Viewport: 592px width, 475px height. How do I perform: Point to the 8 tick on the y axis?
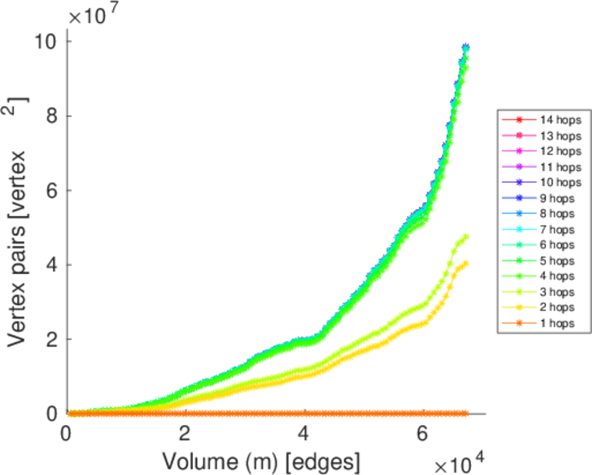pyautogui.click(x=49, y=116)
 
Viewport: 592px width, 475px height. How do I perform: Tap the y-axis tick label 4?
pyautogui.click(x=49, y=264)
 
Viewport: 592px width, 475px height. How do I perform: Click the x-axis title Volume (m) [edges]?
pyautogui.click(x=262, y=460)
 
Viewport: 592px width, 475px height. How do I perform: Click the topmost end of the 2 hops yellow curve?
pyautogui.click(x=466, y=263)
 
